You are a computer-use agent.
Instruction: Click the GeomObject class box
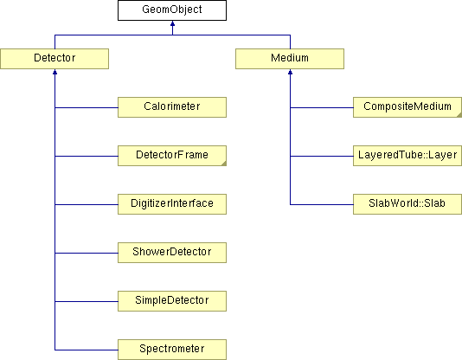172,10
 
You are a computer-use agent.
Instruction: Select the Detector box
55,59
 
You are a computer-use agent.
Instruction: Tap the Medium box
290,59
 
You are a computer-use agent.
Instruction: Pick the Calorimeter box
172,107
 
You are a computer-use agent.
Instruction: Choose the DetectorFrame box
172,156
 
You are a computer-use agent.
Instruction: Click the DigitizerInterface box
172,204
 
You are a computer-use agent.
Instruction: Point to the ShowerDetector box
172,253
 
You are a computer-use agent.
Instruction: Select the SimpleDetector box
172,301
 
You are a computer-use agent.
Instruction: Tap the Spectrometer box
172,350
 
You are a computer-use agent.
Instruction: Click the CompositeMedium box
407,107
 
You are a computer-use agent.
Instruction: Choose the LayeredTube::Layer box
407,156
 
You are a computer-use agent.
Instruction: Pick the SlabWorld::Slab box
407,204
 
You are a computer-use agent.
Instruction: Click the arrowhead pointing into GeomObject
173,23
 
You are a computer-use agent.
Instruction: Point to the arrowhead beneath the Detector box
55,72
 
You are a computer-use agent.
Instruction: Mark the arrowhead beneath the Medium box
290,72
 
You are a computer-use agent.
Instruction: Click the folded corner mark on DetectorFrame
224,164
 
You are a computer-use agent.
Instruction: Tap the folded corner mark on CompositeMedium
459,115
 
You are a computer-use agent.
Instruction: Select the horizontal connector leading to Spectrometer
87,350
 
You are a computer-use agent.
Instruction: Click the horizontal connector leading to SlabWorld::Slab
322,204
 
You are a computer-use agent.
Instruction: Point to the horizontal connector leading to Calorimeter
87,107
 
